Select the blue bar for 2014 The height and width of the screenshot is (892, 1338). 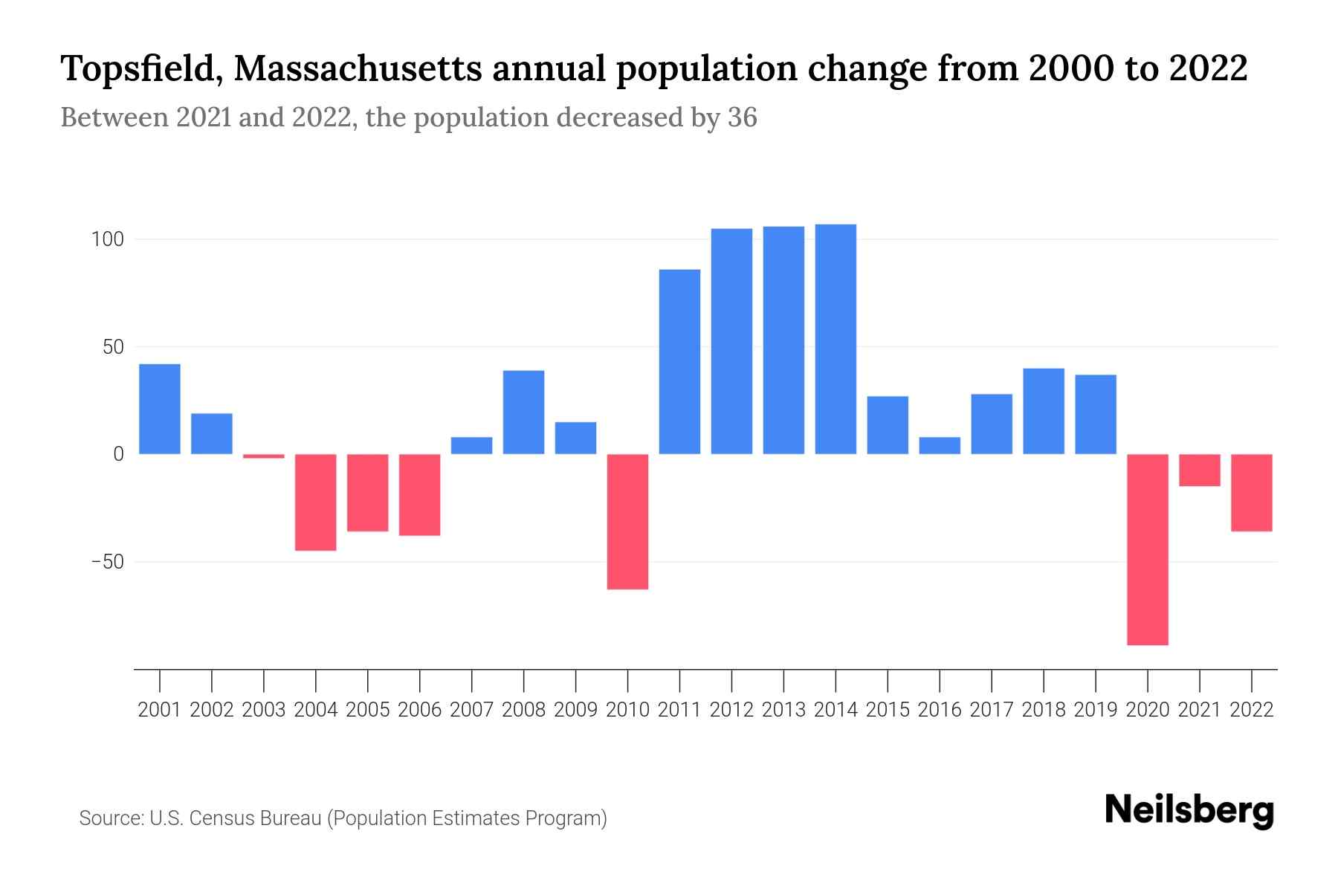pyautogui.click(x=836, y=339)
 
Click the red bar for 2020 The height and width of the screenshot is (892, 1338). pyautogui.click(x=1148, y=549)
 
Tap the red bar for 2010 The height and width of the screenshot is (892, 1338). pyautogui.click(x=627, y=522)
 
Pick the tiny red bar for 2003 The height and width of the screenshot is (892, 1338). pyautogui.click(x=264, y=456)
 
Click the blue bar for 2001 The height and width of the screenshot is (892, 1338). pyautogui.click(x=160, y=409)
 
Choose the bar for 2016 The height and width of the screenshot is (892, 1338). pyautogui.click(x=940, y=445)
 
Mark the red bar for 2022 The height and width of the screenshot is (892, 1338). pyautogui.click(x=1252, y=492)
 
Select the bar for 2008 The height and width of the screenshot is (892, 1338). pyautogui.click(x=523, y=412)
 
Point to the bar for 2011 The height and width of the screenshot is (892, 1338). pyautogui.click(x=679, y=361)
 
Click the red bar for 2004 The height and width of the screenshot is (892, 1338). pyautogui.click(x=316, y=502)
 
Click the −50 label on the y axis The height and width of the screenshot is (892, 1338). pyautogui.click(x=107, y=561)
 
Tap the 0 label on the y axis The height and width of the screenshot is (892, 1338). pyautogui.click(x=118, y=454)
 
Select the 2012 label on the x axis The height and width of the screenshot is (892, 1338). pyautogui.click(x=731, y=710)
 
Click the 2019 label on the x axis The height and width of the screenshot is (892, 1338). pyautogui.click(x=1096, y=710)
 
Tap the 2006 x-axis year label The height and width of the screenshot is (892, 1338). pyautogui.click(x=420, y=710)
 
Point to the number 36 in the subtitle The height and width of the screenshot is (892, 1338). pyautogui.click(x=742, y=117)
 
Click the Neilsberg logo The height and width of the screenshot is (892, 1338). pyautogui.click(x=1189, y=810)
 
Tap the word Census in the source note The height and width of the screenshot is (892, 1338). pyautogui.click(x=224, y=818)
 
